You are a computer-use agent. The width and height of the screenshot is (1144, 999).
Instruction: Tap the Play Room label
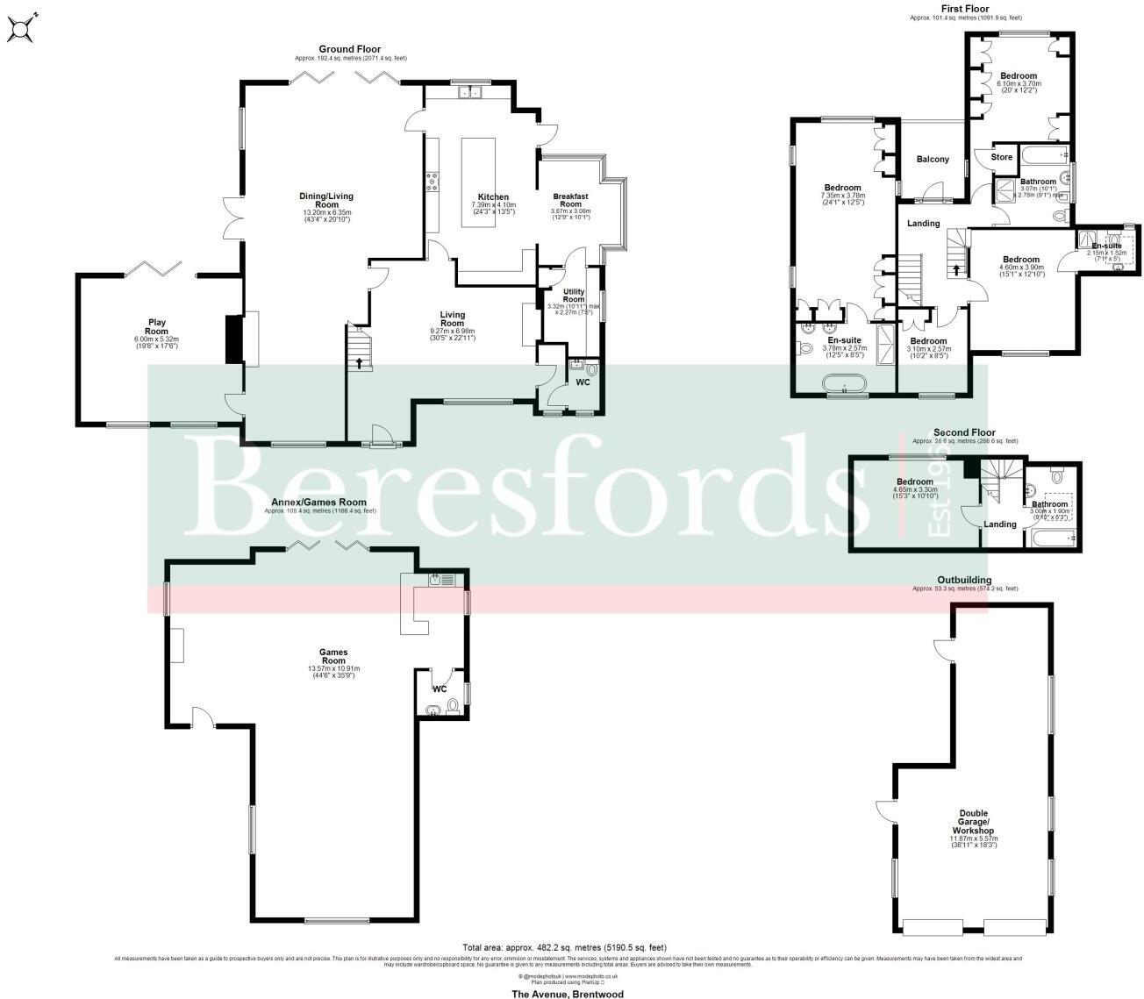point(156,327)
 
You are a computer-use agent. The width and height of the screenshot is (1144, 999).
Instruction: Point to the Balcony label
point(933,160)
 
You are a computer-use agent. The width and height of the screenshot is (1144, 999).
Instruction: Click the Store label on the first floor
point(1001,158)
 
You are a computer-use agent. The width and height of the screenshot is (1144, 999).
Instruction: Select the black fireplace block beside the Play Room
point(234,339)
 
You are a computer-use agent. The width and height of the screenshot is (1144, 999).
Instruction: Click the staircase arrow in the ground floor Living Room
point(359,363)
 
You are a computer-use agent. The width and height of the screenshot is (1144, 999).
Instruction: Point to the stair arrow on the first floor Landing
point(956,268)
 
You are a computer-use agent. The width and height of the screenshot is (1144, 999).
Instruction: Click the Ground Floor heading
point(350,49)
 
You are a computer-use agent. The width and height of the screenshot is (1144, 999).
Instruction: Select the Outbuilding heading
point(964,581)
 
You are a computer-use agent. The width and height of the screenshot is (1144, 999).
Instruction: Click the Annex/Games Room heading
point(318,503)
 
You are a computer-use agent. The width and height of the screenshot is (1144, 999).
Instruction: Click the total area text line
point(564,947)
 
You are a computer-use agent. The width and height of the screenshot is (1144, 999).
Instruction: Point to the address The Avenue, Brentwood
point(568,995)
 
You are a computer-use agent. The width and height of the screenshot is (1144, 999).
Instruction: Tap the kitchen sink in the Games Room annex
point(440,580)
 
